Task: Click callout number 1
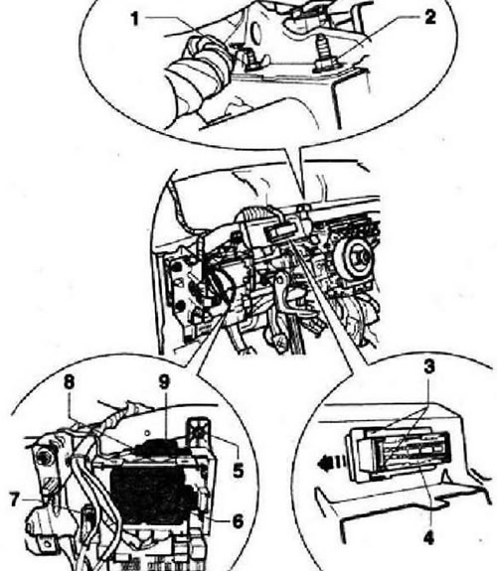135,19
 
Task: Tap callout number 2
430,17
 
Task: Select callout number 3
429,366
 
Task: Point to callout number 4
429,537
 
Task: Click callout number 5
238,470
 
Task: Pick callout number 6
238,521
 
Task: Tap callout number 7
14,500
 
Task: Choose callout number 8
69,382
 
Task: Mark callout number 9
164,382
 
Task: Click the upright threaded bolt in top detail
323,54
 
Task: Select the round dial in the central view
355,258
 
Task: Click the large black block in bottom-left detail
154,496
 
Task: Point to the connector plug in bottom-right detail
400,454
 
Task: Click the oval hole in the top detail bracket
256,33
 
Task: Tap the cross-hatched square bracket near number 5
199,434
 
